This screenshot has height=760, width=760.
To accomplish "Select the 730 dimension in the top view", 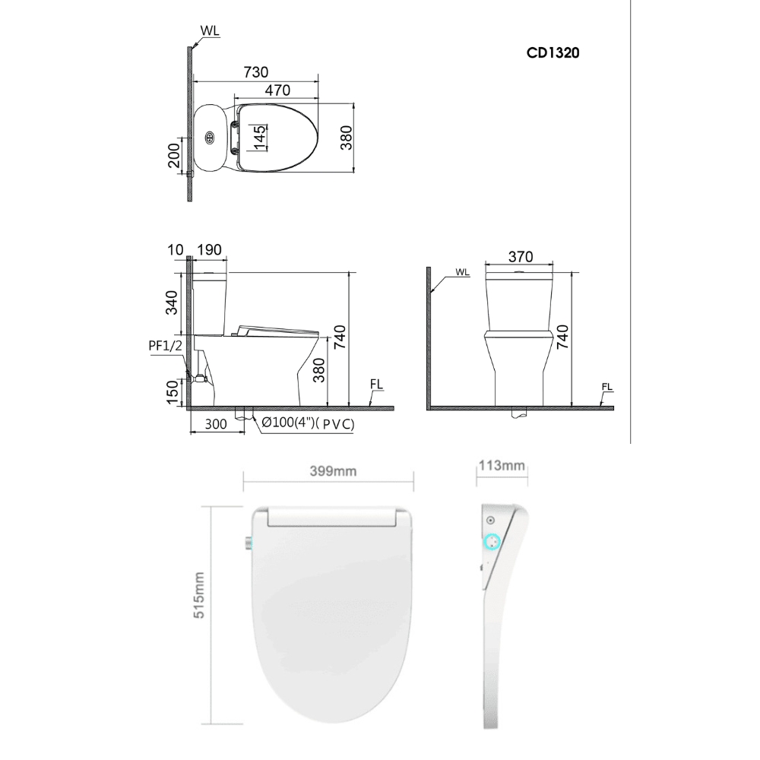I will click(255, 72).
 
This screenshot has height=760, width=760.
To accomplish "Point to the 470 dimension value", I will click(277, 90).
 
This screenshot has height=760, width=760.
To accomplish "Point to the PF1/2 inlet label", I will click(165, 347).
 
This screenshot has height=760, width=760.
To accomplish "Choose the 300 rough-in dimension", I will click(215, 424).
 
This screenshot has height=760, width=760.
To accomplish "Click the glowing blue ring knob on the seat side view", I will click(492, 543).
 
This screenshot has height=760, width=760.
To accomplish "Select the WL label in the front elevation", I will click(462, 271).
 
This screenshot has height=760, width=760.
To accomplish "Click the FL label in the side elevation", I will click(376, 384).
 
